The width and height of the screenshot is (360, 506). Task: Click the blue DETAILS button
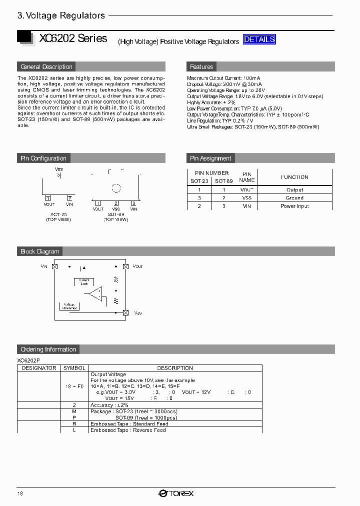[x=259, y=39]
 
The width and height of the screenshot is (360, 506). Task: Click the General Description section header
[x=46, y=67]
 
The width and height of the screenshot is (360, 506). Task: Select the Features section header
[x=201, y=67]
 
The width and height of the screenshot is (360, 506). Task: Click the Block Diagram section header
[x=40, y=251]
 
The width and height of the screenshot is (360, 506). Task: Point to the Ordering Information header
[x=48, y=349]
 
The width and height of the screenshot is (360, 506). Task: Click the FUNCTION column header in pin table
[x=294, y=177]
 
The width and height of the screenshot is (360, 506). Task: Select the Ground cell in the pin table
[x=294, y=198]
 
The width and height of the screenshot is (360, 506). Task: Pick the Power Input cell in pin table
[x=294, y=206]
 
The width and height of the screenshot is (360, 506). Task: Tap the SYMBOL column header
[x=74, y=368]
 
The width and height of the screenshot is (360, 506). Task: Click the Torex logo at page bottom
[x=176, y=493]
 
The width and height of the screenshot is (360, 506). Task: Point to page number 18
[x=20, y=493]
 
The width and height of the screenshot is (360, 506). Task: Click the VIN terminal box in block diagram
[x=55, y=267]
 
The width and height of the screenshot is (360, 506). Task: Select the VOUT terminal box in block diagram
[x=126, y=267]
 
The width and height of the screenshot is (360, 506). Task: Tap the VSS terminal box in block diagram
[x=125, y=312]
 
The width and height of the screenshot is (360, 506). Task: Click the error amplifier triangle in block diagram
[x=95, y=293]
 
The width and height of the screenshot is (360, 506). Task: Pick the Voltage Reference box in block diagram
[x=69, y=306]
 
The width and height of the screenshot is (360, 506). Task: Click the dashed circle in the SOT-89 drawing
[x=116, y=188]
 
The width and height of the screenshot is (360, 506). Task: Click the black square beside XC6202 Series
[x=24, y=37]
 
